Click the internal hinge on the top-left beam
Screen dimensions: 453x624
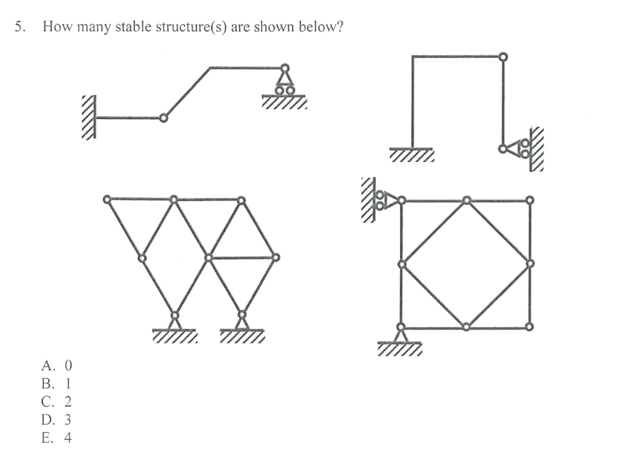(x=163, y=117)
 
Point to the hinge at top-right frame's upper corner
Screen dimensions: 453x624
(x=502, y=56)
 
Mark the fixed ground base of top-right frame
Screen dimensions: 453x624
(x=411, y=152)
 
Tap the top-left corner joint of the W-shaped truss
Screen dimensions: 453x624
(x=107, y=199)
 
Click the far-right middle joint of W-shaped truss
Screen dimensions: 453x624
(x=275, y=257)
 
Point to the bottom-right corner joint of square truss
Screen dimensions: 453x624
(x=530, y=327)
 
